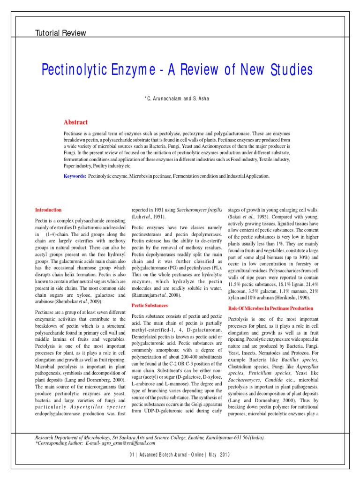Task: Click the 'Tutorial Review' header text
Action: click(61, 33)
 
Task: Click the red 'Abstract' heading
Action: click(75, 122)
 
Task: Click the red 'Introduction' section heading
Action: click(48, 210)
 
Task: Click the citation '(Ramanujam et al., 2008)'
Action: click(157, 296)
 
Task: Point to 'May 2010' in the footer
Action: click(218, 455)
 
